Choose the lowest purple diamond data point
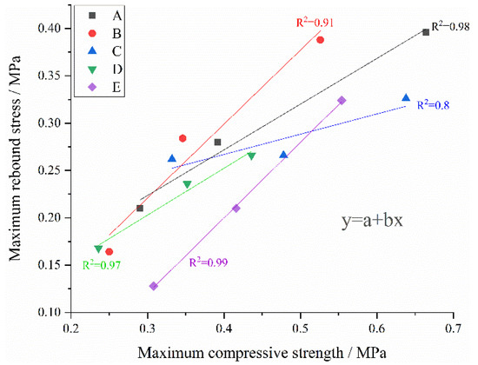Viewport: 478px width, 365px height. [x=154, y=286]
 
